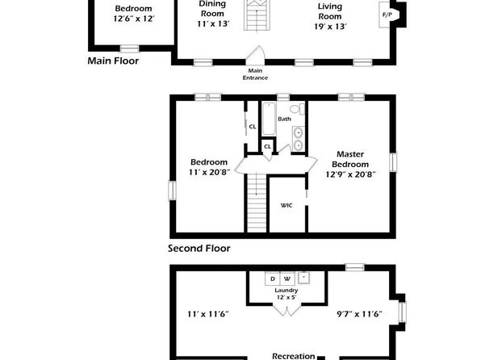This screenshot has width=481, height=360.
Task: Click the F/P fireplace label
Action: tap(387, 15)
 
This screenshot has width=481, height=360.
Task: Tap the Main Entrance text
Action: tap(255, 74)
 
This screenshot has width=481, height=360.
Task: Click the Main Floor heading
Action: tap(113, 61)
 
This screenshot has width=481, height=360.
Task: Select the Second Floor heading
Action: tap(199, 249)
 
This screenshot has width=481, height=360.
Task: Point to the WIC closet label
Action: tap(287, 205)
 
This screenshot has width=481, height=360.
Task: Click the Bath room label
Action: tap(284, 119)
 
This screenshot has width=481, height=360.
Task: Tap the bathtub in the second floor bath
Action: tap(269, 119)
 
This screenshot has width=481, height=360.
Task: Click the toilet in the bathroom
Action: tap(297, 109)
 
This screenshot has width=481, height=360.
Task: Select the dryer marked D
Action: tap(273, 278)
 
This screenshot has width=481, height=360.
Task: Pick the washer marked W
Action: tap(287, 278)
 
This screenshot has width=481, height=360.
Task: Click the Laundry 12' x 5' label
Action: tap(287, 294)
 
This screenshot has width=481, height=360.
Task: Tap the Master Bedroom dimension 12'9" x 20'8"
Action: tap(350, 174)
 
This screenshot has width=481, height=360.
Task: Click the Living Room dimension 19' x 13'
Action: tap(330, 27)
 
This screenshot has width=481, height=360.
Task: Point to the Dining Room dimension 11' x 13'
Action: tap(213, 24)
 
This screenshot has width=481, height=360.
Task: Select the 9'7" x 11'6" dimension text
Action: tap(359, 314)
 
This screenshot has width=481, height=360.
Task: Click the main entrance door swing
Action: tap(256, 55)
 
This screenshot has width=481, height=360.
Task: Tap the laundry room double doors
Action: tap(287, 309)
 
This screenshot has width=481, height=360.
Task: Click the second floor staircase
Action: tap(257, 203)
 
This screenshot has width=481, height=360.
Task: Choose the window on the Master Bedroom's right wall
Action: tap(393, 162)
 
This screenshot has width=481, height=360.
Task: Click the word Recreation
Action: tap(294, 356)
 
